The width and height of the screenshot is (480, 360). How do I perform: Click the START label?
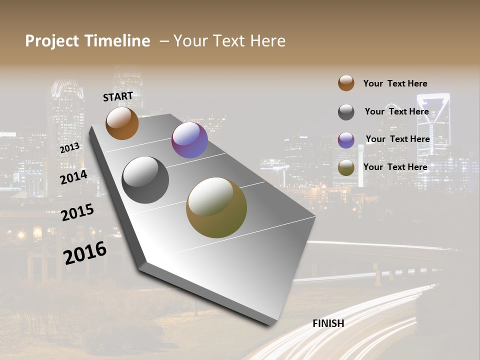click(x=118, y=96)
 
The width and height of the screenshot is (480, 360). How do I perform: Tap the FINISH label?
click(x=328, y=323)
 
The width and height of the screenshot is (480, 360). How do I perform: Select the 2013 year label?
click(x=69, y=148)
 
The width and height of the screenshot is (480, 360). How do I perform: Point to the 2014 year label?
click(x=73, y=177)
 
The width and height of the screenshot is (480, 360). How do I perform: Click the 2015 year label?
click(x=77, y=212)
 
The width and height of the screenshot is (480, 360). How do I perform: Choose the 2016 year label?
click(x=85, y=252)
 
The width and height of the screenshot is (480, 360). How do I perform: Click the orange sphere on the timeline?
click(x=122, y=123)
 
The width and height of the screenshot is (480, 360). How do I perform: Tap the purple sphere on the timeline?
click(x=189, y=140)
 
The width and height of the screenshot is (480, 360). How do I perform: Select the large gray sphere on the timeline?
click(x=145, y=180)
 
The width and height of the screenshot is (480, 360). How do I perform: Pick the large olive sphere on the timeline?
click(x=216, y=207)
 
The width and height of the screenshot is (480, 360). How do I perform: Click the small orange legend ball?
click(x=346, y=83)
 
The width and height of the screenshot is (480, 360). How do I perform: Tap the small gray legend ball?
click(x=346, y=112)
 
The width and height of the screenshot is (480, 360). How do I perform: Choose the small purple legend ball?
click(x=346, y=140)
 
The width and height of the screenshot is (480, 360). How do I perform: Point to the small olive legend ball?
click(x=346, y=168)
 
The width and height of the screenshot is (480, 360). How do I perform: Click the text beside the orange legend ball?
click(x=395, y=83)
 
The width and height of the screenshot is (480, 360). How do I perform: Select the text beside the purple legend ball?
click(x=397, y=139)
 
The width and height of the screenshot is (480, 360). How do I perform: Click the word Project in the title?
click(x=51, y=41)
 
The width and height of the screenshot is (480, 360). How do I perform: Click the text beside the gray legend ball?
click(x=396, y=111)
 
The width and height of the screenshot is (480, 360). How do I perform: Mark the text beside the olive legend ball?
click(x=395, y=167)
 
